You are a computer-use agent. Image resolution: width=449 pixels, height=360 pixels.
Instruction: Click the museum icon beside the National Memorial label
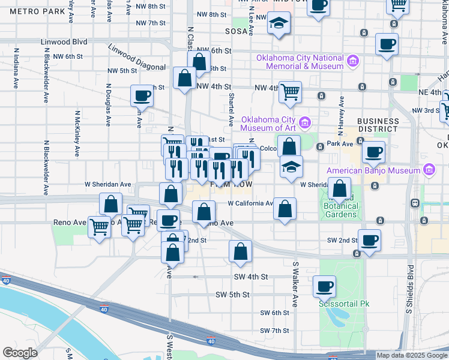353,61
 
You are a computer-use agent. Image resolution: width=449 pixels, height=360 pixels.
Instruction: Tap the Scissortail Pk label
343,304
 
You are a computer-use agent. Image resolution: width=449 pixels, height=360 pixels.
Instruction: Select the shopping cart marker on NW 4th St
291,92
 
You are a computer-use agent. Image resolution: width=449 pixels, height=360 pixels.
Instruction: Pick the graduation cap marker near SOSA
278,24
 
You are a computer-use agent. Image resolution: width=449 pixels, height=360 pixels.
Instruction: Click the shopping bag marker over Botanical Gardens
340,188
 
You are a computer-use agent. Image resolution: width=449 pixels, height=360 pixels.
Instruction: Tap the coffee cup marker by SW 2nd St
369,240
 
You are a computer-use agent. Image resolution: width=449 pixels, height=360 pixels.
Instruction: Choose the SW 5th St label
250,295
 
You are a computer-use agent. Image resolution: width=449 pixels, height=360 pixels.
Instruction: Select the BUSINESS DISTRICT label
378,125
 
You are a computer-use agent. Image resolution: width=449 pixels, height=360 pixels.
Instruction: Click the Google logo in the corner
20,353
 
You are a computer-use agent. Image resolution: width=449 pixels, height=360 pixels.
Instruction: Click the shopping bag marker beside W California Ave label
285,208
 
